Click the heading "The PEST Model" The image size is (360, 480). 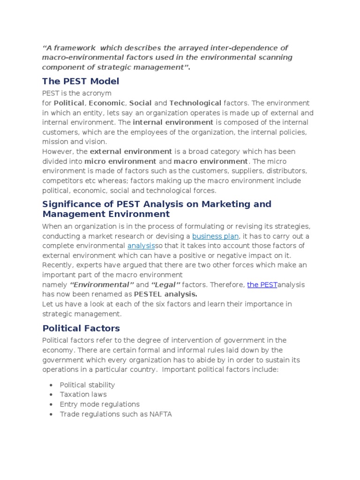click(x=81, y=81)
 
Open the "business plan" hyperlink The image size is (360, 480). click(x=216, y=236)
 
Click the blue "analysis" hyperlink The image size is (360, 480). click(x=141, y=246)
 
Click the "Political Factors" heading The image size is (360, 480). click(x=81, y=328)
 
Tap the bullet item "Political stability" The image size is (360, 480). click(x=87, y=385)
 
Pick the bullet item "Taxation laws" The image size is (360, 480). click(x=83, y=395)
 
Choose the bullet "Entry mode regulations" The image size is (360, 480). click(x=99, y=404)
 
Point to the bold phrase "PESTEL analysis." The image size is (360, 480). click(x=165, y=294)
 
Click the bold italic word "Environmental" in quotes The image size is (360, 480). click(x=102, y=285)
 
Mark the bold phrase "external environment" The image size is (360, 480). click(x=131, y=151)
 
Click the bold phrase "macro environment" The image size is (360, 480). click(x=210, y=161)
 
